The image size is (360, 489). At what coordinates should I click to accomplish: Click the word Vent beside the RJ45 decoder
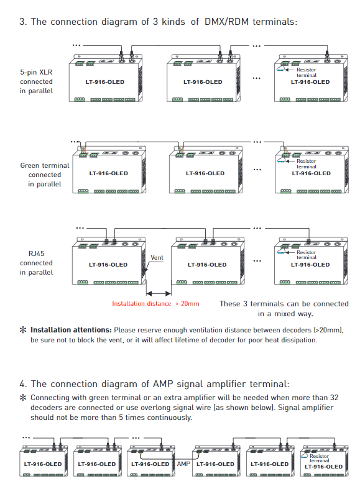[x=157, y=258]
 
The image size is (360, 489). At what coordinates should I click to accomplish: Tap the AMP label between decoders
[x=183, y=464]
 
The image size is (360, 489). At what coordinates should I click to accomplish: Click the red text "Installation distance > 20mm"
[x=155, y=303]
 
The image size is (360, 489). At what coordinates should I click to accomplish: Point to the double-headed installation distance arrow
[x=159, y=293]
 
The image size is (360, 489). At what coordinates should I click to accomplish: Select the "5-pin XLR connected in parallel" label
[x=36, y=81]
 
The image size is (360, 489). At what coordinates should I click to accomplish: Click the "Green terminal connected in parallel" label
[x=45, y=175]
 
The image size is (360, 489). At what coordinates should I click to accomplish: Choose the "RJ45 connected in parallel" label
[x=36, y=263]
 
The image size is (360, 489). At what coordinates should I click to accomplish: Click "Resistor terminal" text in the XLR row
[x=307, y=72]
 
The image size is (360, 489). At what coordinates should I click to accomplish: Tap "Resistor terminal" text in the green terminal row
[x=307, y=164]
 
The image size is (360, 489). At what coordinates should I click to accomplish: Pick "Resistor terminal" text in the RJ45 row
[x=307, y=255]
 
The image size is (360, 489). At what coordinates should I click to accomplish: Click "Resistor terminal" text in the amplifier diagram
[x=319, y=458]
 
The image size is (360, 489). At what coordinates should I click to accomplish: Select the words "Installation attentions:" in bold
[x=71, y=330]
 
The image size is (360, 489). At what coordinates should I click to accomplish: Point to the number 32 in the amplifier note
[x=334, y=397]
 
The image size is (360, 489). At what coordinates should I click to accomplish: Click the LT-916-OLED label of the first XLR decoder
[x=105, y=82]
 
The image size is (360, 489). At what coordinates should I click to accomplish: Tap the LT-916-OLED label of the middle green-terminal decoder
[x=205, y=173]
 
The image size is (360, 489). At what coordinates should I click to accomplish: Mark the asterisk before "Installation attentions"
[x=23, y=330]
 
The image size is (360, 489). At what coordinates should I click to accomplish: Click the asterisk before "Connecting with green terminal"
[x=23, y=398]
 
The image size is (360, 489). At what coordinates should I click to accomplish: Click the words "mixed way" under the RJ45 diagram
[x=293, y=314]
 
